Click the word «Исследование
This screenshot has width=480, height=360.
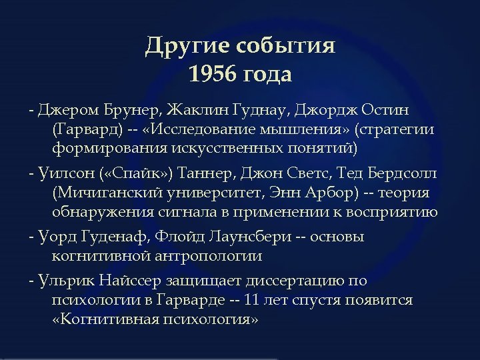click(x=189, y=128)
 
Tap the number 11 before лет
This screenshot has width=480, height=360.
click(x=252, y=300)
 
